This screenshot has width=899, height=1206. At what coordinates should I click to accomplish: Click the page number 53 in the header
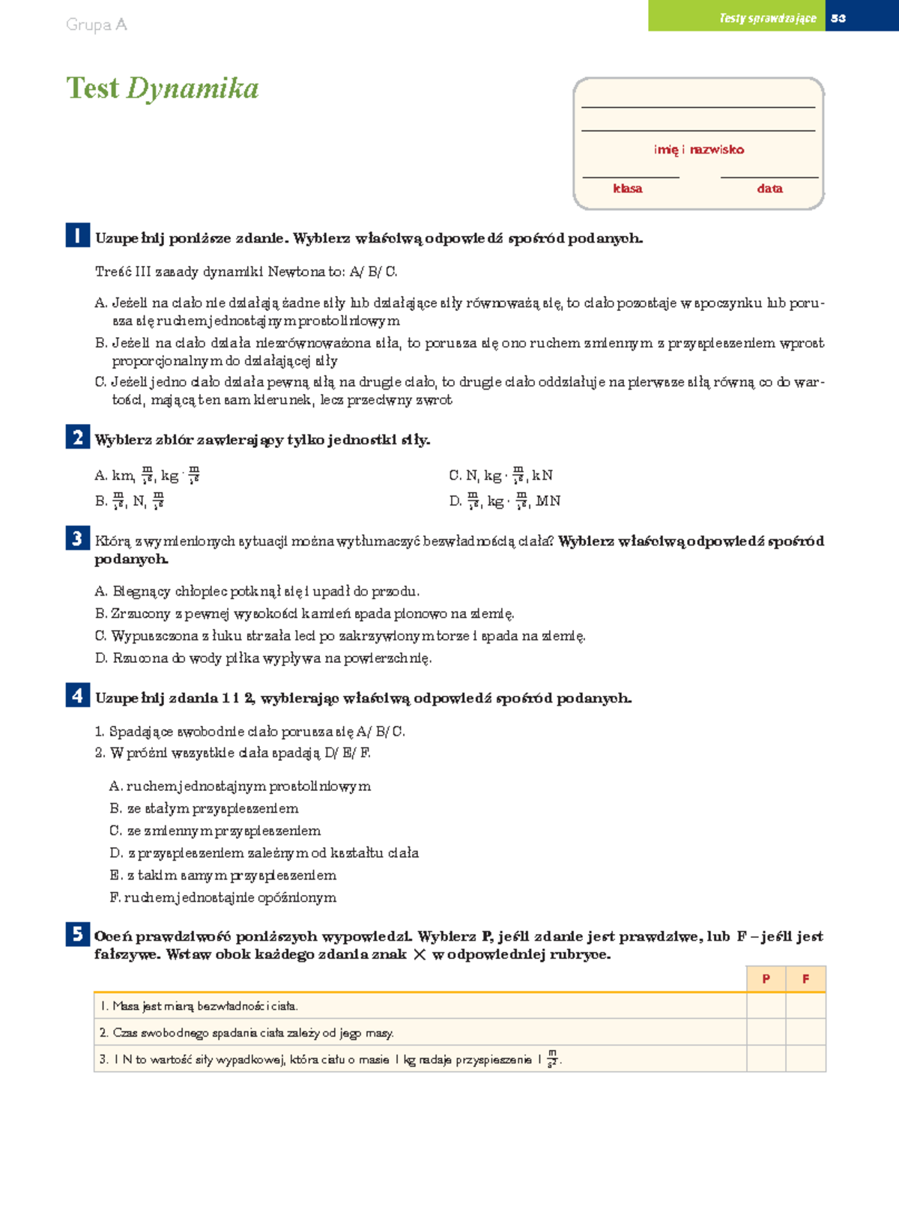(x=838, y=18)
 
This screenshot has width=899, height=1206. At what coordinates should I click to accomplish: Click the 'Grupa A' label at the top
(x=97, y=25)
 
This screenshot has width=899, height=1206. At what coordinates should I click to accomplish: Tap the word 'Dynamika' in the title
(x=193, y=88)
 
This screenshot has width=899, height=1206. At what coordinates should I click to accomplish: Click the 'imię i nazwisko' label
(x=698, y=149)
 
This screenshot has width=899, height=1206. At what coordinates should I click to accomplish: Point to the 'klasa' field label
(x=627, y=189)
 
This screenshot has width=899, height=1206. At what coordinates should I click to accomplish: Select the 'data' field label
(x=769, y=189)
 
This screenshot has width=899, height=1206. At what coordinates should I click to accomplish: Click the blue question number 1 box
(x=77, y=235)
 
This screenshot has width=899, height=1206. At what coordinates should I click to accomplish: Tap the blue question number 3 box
(x=77, y=539)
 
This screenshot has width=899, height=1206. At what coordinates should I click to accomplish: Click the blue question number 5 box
(x=77, y=934)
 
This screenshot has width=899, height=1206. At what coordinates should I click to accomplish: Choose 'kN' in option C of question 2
(x=542, y=476)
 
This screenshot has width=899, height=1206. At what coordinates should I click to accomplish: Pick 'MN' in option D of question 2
(x=548, y=501)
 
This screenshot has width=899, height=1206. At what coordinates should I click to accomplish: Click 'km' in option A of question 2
(x=122, y=476)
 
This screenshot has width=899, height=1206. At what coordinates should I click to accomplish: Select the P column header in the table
(x=766, y=978)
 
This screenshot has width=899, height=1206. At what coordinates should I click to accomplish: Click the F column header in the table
(x=805, y=978)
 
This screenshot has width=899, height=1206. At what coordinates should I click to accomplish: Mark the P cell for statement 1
(x=766, y=1006)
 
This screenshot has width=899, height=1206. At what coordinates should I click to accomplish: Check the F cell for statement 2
(x=805, y=1032)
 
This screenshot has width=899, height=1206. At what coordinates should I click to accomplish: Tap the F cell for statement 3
(x=805, y=1059)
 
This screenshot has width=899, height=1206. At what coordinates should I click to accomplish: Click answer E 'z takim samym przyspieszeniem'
(x=223, y=875)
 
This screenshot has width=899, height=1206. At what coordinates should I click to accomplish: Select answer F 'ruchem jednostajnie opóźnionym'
(x=223, y=897)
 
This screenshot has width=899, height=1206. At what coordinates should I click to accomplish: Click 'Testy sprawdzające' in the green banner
(x=767, y=18)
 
